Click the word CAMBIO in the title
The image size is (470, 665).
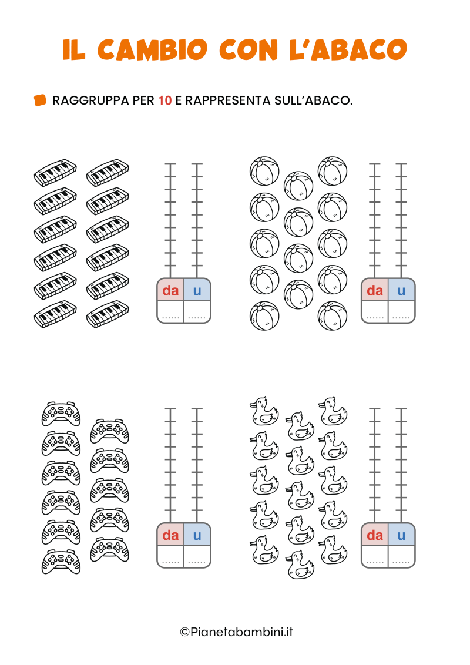point(152,49)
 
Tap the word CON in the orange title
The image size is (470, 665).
point(248,49)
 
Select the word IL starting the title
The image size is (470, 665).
point(74,49)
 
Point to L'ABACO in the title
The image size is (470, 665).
point(348,49)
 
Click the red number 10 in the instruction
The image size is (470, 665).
point(165,100)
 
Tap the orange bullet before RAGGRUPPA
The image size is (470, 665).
point(40,100)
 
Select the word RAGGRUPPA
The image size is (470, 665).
point(90,100)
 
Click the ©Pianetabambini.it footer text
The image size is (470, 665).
point(237,632)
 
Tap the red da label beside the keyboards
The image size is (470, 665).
point(170,291)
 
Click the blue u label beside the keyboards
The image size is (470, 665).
point(197,291)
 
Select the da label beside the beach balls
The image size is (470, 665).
point(375,291)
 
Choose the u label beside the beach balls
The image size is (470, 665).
point(402,291)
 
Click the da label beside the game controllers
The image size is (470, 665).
point(170,535)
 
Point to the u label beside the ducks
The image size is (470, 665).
point(402,536)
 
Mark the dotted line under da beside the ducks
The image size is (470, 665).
point(375,563)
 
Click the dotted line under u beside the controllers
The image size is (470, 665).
point(197,563)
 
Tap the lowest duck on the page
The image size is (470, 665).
point(300,565)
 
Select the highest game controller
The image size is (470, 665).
point(61,414)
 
